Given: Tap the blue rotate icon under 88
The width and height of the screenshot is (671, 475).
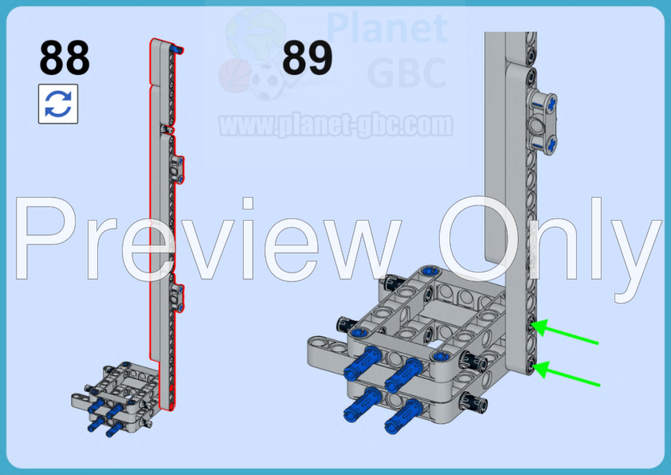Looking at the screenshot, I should point(58,104).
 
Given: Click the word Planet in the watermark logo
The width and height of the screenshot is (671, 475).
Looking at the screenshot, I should point(387,28).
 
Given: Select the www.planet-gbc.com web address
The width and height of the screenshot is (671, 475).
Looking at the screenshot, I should point(335,125).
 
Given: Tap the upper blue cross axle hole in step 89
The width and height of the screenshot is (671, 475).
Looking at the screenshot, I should point(551,102).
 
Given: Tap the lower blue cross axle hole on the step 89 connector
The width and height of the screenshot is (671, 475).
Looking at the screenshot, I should point(551,143).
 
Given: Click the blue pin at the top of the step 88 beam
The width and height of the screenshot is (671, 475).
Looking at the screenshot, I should point(180,50).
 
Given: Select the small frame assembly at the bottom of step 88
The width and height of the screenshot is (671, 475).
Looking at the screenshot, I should point(120,395).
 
